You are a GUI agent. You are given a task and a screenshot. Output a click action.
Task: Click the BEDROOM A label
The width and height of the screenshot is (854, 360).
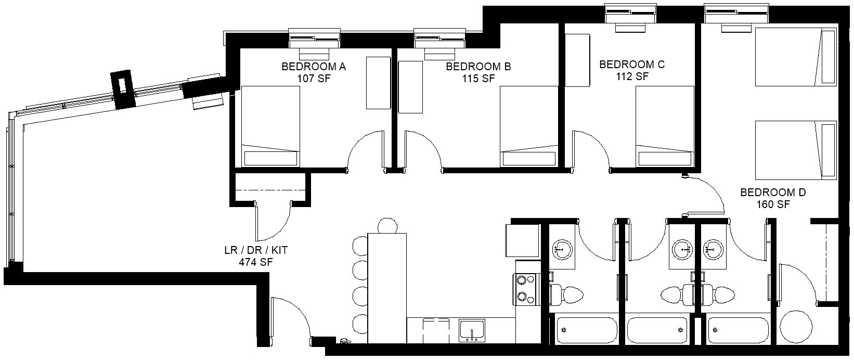pos(314,67)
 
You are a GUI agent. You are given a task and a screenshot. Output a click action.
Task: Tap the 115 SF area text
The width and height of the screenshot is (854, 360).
pos(478,79)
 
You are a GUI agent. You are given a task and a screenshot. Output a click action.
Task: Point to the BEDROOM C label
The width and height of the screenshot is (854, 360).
pos(632,65)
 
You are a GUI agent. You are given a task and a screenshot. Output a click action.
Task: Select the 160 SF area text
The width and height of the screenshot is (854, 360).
pos(773,204)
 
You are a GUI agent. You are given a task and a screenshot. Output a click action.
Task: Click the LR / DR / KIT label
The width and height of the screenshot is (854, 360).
pos(256,250)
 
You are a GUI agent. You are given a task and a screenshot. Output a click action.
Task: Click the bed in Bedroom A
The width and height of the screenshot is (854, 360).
pos(270,126)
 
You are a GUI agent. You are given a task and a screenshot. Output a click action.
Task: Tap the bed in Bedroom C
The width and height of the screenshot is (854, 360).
pos(665,126)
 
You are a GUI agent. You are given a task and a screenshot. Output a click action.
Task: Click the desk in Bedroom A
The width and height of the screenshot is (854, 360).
pos(379,83)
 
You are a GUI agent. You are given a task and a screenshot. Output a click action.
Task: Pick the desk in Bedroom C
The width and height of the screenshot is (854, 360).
pos(577,60)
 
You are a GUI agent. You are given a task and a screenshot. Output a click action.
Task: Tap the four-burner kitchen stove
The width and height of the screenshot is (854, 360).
pos(525,289)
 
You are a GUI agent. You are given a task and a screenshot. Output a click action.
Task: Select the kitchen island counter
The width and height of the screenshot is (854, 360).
pos(387,288)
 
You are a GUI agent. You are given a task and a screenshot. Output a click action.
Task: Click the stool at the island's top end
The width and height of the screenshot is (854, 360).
pos(387,225)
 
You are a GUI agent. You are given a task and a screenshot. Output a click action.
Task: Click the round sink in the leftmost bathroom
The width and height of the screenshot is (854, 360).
pos(562,249)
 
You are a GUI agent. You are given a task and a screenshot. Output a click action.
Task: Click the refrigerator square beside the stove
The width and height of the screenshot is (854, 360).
pos(522,241)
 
